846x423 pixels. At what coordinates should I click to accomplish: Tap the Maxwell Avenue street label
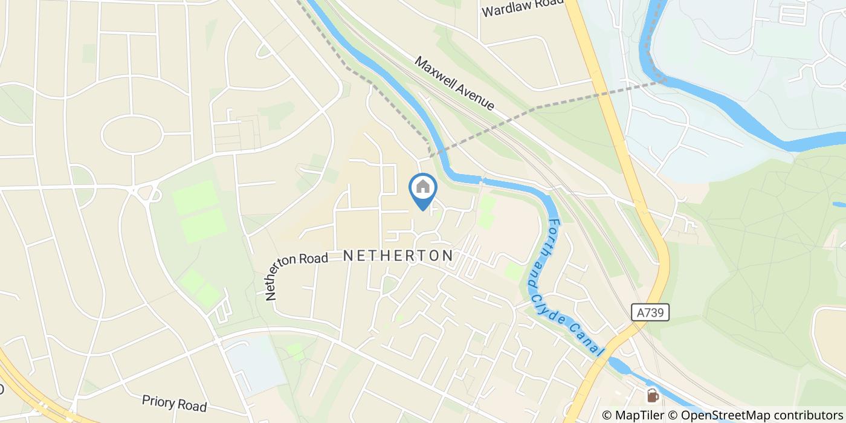[454, 83]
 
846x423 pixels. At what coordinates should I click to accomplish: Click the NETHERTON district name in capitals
[398, 256]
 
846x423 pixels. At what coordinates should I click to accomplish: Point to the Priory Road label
[174, 403]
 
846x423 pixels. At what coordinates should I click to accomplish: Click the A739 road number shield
[651, 312]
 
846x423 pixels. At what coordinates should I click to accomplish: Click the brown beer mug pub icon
[653, 395]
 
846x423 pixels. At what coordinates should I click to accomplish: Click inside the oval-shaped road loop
[132, 134]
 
